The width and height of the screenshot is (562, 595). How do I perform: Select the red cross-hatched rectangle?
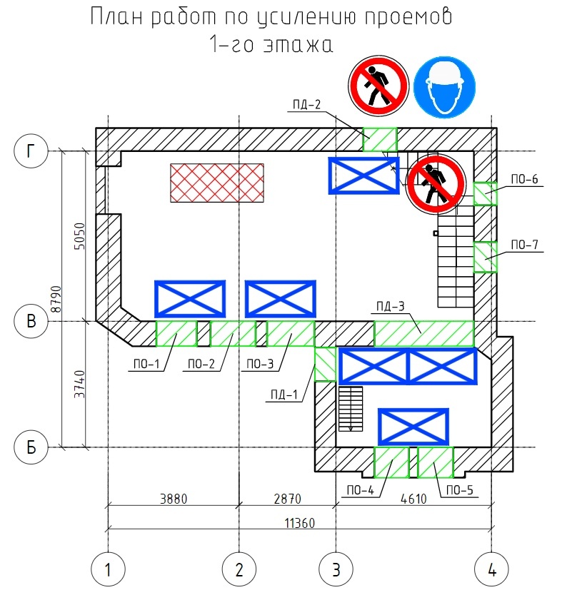216,183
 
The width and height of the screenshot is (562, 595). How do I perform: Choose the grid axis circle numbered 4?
491,569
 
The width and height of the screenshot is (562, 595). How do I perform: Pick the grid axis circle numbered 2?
239,569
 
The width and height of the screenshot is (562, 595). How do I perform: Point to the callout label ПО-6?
523,179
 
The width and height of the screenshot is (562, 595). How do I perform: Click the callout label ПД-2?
306,105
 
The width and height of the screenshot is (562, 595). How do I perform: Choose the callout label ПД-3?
389,307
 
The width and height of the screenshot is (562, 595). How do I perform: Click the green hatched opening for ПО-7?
486,257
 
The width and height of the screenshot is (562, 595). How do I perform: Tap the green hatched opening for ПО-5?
435,462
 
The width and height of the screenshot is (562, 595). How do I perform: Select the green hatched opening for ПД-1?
325,365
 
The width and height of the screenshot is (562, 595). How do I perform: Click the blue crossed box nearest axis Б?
413,427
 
